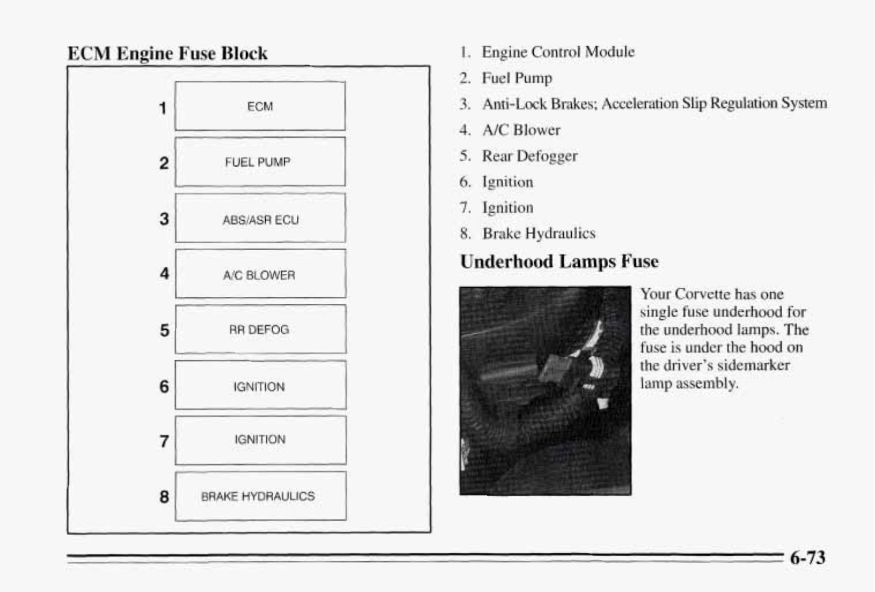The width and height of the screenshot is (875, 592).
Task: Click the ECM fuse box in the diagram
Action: click(x=260, y=106)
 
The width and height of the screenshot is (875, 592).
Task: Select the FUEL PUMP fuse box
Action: click(x=260, y=162)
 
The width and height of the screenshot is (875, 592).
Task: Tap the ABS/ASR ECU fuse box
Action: click(x=260, y=218)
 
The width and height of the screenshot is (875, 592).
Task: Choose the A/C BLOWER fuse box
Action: click(x=260, y=274)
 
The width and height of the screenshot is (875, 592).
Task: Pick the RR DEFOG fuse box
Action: click(x=260, y=330)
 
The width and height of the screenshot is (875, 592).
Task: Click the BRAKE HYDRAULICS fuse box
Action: click(x=260, y=496)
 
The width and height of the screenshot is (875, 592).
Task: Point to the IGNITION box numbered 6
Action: click(x=260, y=386)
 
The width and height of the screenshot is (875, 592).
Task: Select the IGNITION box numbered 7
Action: click(x=260, y=440)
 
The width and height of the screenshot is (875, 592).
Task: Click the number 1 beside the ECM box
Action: click(x=163, y=108)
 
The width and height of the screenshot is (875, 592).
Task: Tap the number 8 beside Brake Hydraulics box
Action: click(x=164, y=496)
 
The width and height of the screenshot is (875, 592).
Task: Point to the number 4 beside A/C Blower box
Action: click(x=164, y=273)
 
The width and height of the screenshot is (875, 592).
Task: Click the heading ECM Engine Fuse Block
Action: click(x=167, y=54)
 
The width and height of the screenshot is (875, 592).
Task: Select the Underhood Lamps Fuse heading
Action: click(x=559, y=262)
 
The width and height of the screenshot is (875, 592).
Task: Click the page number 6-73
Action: click(x=808, y=557)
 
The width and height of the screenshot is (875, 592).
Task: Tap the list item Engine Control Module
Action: click(x=558, y=52)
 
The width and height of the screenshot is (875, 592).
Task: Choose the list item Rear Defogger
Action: click(x=529, y=156)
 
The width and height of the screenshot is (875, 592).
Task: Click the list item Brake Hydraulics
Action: click(x=538, y=233)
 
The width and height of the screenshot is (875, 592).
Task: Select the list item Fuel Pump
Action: click(x=516, y=78)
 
